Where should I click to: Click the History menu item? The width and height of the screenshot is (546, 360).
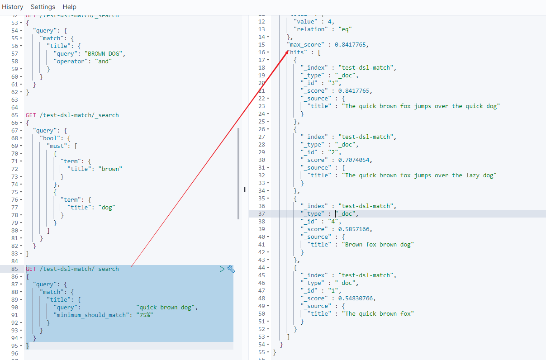click(x=12, y=7)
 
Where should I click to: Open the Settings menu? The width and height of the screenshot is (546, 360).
click(x=43, y=7)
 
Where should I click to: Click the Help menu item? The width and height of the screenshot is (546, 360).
click(x=69, y=7)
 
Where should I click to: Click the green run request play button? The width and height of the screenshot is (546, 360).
click(x=222, y=269)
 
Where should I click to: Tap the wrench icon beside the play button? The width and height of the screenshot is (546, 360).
click(x=231, y=269)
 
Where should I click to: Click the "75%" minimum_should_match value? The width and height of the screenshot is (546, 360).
click(x=145, y=315)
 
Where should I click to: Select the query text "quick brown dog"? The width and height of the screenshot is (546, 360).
click(x=166, y=307)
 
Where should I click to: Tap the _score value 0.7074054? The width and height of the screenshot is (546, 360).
click(x=351, y=160)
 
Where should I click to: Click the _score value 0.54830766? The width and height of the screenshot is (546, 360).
click(x=353, y=298)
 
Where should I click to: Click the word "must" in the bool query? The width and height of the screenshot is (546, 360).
click(x=57, y=146)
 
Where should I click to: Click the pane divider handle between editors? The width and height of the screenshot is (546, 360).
click(x=245, y=189)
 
